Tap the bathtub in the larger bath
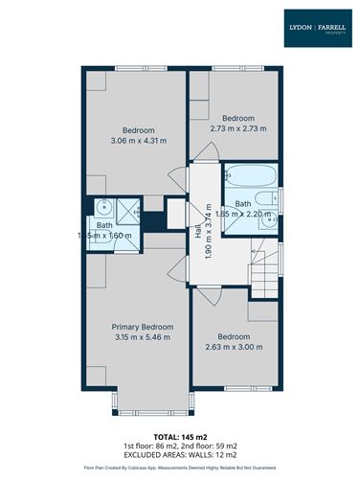pos(251,175)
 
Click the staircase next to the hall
pos(267,265)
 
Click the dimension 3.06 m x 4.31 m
pos(139,141)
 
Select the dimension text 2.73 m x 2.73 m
pos(238,127)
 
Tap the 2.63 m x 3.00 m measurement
pos(234,347)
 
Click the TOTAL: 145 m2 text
pos(180,437)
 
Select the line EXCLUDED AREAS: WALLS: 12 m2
pos(180,456)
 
